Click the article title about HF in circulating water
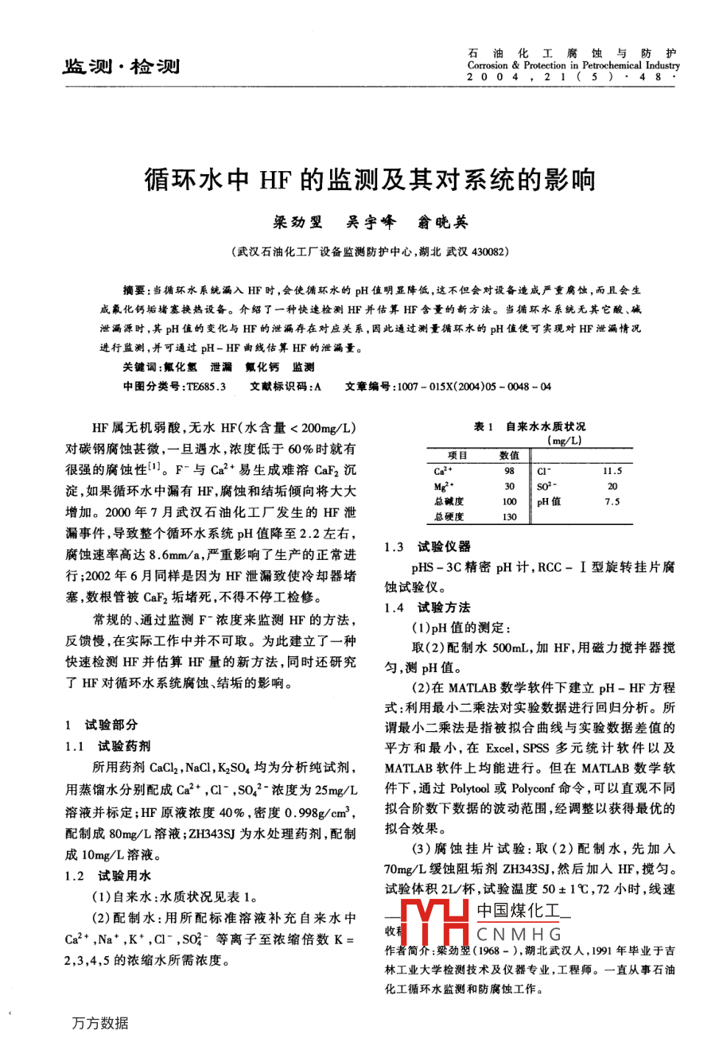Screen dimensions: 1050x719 point(370,181)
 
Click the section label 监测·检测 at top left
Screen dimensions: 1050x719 point(121,66)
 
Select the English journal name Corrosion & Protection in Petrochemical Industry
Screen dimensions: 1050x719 point(573,65)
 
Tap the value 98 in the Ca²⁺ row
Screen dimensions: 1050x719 point(510,471)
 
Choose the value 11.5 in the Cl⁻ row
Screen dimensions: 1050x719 point(612,471)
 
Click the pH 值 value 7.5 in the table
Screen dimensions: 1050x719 point(612,501)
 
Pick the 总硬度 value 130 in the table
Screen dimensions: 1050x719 point(510,517)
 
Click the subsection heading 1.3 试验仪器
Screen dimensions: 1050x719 point(427,546)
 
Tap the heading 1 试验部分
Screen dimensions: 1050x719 point(101,725)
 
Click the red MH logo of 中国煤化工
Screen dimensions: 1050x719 point(435,924)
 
